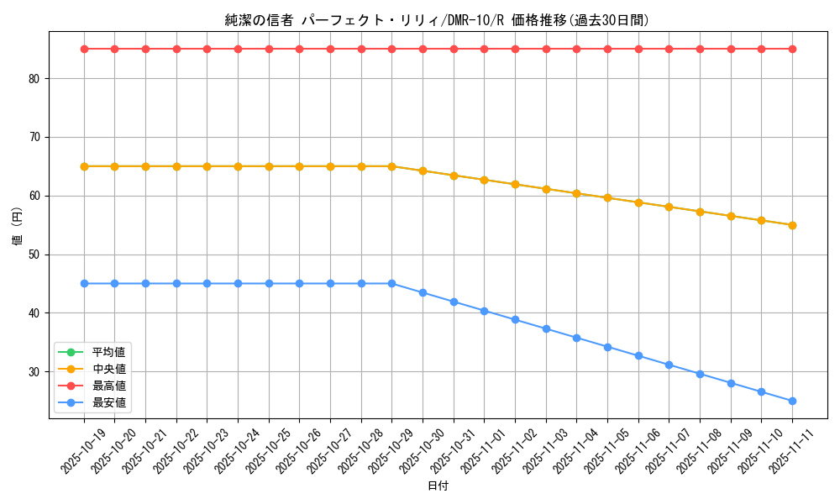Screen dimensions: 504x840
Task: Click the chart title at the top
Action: point(437,20)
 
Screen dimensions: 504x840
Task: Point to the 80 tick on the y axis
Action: point(34,79)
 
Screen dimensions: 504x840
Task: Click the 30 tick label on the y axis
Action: point(34,372)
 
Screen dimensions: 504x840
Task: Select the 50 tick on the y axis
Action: point(34,255)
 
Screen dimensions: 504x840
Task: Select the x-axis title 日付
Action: point(438,486)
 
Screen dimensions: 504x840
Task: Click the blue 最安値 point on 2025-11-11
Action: point(792,401)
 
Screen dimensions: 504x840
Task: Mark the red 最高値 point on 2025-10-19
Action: point(84,49)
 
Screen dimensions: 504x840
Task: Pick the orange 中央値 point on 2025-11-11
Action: point(792,225)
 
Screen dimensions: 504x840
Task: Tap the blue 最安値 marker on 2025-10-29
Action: point(391,283)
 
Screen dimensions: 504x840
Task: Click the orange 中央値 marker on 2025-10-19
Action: point(84,166)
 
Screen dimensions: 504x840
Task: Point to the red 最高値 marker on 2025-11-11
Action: point(792,49)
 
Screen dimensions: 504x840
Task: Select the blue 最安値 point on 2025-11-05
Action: point(607,346)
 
